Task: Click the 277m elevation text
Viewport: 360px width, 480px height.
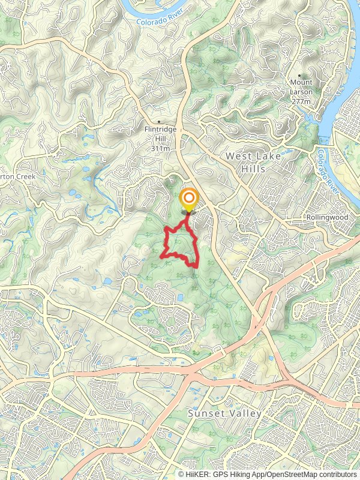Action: pyautogui.click(x=301, y=102)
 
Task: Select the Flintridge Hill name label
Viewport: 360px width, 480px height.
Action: pyautogui.click(x=160, y=134)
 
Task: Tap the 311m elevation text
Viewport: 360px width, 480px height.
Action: pyautogui.click(x=160, y=148)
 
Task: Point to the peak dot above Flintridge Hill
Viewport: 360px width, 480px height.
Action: pyautogui.click(x=159, y=121)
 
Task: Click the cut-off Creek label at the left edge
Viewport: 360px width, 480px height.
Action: pyautogui.click(x=19, y=177)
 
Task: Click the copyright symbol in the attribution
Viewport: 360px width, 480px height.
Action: pyautogui.click(x=181, y=474)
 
